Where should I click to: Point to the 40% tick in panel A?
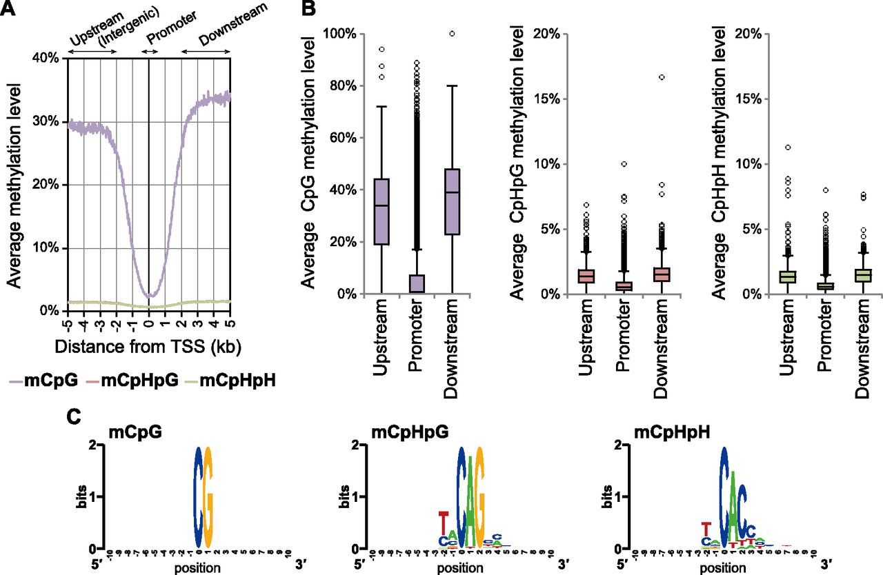[x=48, y=58]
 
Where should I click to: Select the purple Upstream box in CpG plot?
[x=390, y=212]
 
